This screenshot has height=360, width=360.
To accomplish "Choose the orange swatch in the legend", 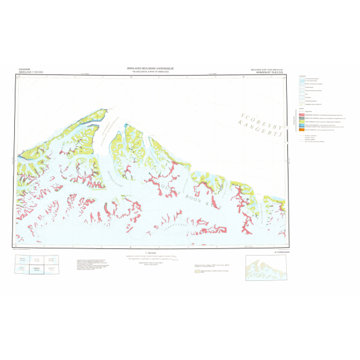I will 303,129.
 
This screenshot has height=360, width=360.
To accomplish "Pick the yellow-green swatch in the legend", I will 303,122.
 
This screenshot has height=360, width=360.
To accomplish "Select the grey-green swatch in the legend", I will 303,118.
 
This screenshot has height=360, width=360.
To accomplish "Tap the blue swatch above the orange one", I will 303,126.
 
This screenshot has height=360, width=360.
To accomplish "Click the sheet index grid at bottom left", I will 37,266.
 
